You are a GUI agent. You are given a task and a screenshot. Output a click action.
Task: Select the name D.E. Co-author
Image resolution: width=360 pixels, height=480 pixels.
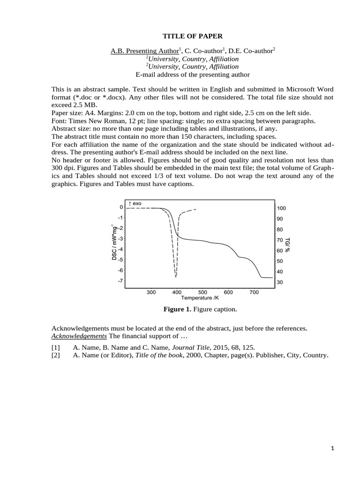pos(254,51)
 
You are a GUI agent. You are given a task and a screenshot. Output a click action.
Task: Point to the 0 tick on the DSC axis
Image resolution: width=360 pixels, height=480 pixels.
pos(121,207)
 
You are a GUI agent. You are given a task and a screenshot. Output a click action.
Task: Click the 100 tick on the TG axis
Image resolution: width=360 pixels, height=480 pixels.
pos(281,208)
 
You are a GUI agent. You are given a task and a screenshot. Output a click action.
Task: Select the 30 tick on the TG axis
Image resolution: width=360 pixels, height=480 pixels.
pos(280,282)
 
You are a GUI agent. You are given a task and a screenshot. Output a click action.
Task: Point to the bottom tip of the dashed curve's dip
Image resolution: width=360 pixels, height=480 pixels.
pos(176,276)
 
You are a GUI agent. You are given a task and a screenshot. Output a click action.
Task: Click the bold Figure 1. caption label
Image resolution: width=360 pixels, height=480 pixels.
pos(178,309)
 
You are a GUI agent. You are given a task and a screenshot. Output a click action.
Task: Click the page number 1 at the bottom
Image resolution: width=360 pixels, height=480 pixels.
pos(332,449)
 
